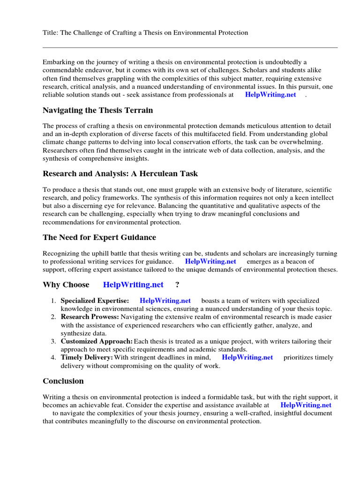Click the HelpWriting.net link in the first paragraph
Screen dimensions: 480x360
click(x=270, y=94)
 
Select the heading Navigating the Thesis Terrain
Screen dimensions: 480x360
click(x=97, y=111)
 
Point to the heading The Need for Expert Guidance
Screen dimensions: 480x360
click(x=99, y=237)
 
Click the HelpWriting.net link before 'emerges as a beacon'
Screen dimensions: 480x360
click(x=210, y=261)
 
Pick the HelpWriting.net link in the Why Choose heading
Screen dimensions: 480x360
click(x=133, y=285)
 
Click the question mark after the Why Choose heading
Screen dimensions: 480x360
click(x=177, y=285)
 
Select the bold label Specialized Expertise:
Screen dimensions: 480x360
click(x=95, y=300)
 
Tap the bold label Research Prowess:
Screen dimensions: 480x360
click(x=90, y=317)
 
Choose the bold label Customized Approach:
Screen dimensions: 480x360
click(x=97, y=341)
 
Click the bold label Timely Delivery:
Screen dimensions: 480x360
click(x=87, y=357)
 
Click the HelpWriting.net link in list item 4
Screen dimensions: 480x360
click(x=247, y=357)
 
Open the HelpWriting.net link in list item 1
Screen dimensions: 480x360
click(x=165, y=300)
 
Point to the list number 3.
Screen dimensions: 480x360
click(x=53, y=341)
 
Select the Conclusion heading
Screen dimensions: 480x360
click(x=63, y=381)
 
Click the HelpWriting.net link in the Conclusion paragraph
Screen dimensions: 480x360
click(x=306, y=405)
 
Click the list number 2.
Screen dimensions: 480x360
click(x=53, y=317)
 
